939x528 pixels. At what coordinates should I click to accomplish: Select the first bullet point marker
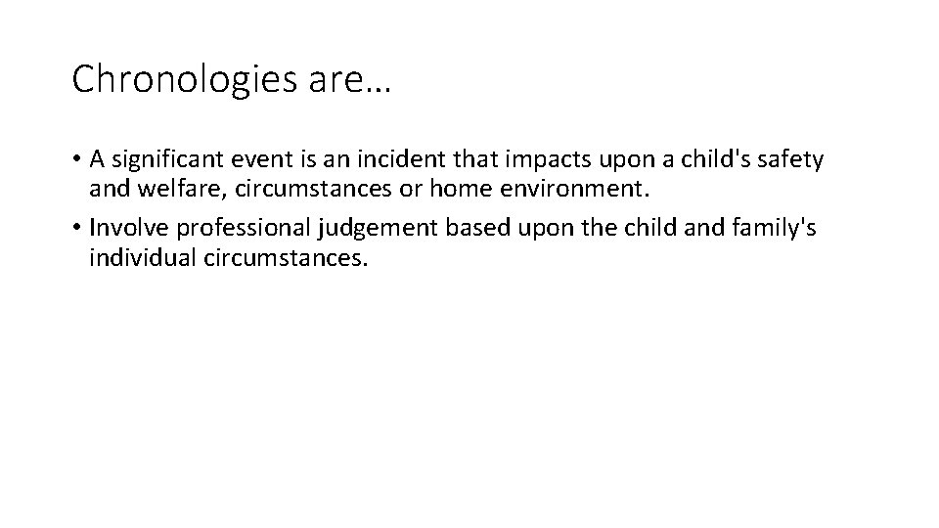click(76, 157)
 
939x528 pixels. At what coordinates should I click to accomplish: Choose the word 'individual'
click(137, 259)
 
